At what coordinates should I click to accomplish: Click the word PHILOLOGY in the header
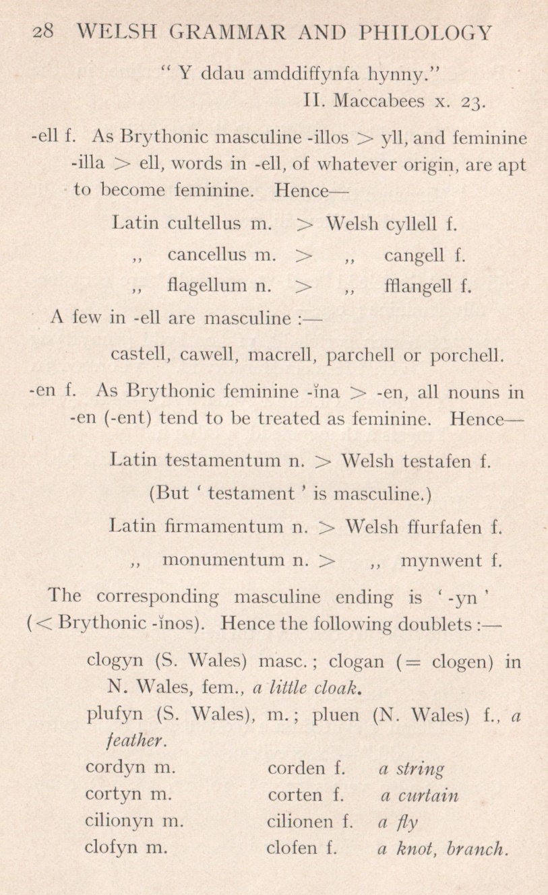426,32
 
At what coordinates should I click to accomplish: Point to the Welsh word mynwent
442,560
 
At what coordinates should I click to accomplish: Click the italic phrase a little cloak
303,687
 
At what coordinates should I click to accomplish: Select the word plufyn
111,714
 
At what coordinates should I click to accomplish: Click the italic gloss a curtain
419,795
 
